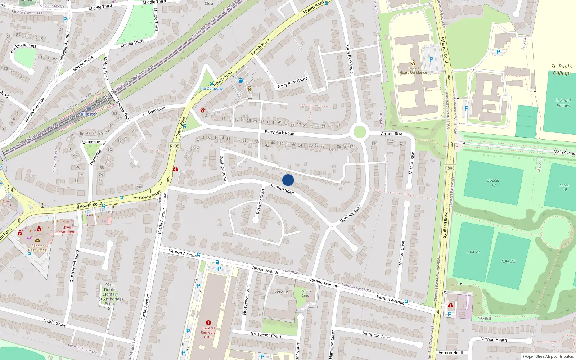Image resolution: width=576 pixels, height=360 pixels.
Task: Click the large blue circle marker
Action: coord(288,180)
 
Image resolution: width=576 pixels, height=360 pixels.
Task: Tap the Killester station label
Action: coord(89,114)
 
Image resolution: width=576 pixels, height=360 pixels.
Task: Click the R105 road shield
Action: coord(175,146)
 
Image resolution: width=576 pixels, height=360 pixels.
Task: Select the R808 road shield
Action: coord(450,168)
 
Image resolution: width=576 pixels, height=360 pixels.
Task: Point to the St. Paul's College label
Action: coord(561,69)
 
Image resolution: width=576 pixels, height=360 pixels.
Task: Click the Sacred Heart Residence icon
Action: coord(413,63)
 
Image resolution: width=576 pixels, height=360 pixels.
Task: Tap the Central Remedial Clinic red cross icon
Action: coord(208,323)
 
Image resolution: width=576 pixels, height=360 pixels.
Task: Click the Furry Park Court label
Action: coord(292,82)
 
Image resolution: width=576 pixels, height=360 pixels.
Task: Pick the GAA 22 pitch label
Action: coord(508,261)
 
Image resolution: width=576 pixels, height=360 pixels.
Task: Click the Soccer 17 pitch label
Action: coord(493,183)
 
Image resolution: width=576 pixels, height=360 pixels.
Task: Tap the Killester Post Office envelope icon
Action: coord(37,240)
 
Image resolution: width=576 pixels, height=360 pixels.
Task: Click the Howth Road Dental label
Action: coord(68,230)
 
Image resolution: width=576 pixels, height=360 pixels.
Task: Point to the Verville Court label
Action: coord(306,293)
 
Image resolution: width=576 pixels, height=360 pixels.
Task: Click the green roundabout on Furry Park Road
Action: coord(359,132)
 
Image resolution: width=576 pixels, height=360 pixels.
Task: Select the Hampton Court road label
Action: coord(376,335)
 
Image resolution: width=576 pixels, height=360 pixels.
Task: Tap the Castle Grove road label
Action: coord(55,322)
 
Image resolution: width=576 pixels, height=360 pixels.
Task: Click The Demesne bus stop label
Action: coord(211,88)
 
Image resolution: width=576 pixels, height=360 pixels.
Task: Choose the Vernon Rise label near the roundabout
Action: coord(391,134)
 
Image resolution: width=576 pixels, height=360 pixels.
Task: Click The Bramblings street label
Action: coord(23,48)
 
